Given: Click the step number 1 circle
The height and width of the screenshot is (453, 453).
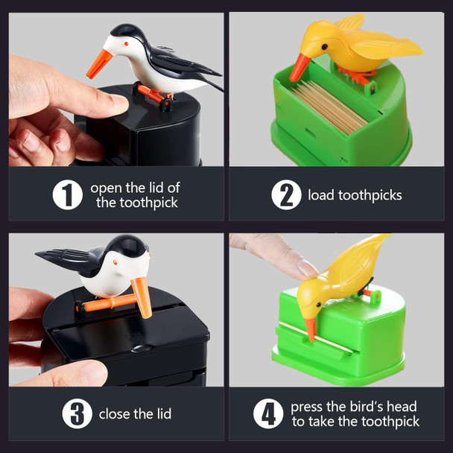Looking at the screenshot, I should click(x=67, y=195).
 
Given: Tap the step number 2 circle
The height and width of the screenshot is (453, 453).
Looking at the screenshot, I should click(x=286, y=195).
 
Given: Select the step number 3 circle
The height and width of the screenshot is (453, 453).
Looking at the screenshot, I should click(x=78, y=414).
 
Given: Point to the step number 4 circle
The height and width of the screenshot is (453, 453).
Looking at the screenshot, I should click(x=268, y=414).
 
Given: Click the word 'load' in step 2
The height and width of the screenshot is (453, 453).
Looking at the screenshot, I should click(x=322, y=195).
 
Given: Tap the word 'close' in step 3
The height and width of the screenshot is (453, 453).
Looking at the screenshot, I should click(x=116, y=414).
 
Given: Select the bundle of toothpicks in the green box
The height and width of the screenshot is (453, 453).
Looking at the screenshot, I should click(x=328, y=104).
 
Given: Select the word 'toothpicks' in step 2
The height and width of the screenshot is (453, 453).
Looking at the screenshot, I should click(x=370, y=195).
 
